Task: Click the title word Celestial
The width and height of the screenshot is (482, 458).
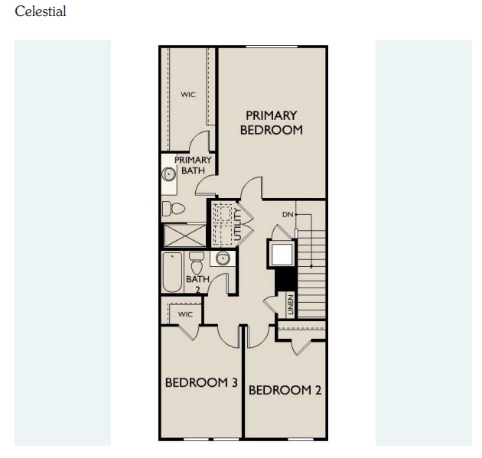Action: click(41, 11)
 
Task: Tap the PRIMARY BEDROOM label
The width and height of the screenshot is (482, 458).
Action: click(271, 122)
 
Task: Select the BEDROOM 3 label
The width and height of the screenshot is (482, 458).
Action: click(201, 382)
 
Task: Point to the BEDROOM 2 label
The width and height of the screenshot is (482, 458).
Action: click(285, 390)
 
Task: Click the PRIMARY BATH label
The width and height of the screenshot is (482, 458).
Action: click(193, 165)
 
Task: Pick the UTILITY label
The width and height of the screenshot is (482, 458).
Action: click(237, 225)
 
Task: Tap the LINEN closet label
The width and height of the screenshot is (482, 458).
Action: click(290, 304)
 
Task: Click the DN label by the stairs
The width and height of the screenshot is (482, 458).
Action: click(288, 215)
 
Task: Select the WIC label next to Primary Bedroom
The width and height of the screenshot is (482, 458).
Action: click(188, 95)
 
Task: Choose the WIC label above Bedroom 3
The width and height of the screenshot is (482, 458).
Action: click(185, 314)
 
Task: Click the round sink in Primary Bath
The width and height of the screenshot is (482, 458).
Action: click(169, 174)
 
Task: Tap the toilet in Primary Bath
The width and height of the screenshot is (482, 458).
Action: click(175, 208)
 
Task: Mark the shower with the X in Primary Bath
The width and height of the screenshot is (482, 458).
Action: click(184, 235)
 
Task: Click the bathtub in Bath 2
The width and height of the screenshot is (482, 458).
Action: click(172, 272)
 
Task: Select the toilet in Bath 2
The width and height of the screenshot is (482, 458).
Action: click(197, 264)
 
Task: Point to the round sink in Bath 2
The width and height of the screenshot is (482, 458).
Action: click(223, 258)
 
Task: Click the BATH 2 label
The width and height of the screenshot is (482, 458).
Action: click(197, 284)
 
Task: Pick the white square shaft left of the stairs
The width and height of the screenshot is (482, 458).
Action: click(280, 252)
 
